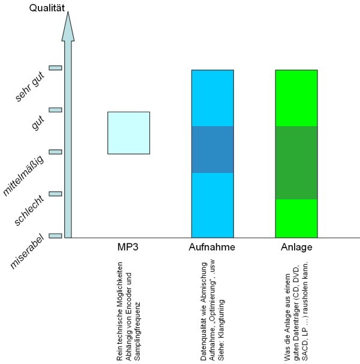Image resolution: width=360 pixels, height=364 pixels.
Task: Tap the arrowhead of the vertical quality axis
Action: [x=68, y=26]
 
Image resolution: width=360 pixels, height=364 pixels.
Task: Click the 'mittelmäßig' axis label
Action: [x=25, y=174]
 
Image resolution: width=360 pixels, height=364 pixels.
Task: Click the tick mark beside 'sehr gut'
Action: [x=55, y=68]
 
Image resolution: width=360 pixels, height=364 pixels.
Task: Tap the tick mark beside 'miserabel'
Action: [x=55, y=235]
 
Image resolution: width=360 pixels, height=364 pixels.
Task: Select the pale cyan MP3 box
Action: [x=128, y=133]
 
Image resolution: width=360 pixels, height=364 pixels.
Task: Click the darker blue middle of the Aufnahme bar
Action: [x=212, y=150]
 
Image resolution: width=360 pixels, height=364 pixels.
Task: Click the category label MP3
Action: [x=128, y=247]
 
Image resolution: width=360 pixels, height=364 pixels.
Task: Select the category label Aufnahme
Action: [x=212, y=247]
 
